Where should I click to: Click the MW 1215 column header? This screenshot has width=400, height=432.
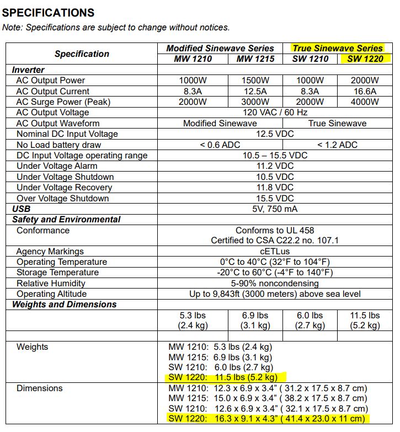click(255, 59)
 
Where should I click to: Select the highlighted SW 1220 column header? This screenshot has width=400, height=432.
click(365, 59)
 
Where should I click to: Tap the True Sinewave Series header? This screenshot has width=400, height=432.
click(337, 49)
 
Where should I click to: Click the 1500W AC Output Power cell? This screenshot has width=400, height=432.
click(255, 81)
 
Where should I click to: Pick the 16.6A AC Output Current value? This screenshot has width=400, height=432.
click(365, 91)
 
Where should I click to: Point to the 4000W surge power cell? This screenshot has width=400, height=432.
click(365, 102)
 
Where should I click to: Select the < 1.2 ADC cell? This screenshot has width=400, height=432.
click(337, 145)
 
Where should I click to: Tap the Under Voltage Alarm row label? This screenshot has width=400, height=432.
click(57, 167)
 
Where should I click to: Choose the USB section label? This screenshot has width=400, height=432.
click(22, 209)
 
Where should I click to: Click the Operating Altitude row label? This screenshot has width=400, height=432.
click(51, 294)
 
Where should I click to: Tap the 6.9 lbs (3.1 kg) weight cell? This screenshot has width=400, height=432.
click(255, 321)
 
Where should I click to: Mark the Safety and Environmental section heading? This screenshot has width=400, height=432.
click(66, 220)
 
